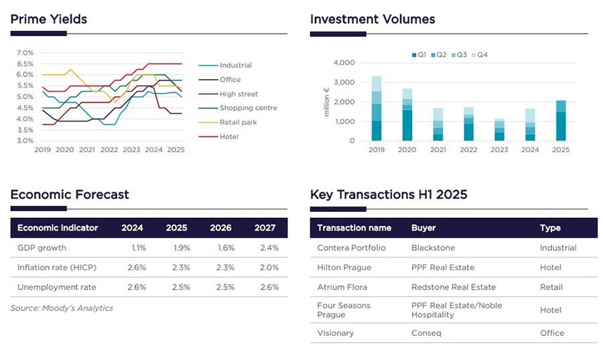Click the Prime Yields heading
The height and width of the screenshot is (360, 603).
49,19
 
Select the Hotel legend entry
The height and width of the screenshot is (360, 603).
228,137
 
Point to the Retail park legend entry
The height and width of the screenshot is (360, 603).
238,122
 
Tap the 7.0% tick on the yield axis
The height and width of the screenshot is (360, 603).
25,52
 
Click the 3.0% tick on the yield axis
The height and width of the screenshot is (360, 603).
25,141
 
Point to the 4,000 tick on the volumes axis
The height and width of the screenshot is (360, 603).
344,63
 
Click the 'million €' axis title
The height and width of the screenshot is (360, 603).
326,102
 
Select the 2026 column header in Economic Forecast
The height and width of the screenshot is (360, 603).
220,228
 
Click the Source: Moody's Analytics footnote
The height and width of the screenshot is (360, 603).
62,308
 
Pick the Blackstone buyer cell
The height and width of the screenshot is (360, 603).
433,247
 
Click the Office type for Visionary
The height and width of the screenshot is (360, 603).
552,333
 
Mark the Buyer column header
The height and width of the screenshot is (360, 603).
423,228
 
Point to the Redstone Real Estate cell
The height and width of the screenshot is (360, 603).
454,287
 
